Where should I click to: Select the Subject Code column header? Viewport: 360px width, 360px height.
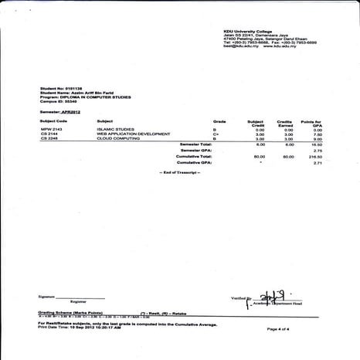coord(53,121)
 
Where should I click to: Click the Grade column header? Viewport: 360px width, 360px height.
coord(219,121)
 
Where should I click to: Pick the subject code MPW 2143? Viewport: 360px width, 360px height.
coord(52,130)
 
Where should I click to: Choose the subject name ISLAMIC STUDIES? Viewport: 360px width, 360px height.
coord(114,130)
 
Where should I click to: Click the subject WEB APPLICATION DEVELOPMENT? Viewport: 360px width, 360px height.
coord(132,134)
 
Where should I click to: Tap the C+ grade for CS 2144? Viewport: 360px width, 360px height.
coord(218,134)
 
